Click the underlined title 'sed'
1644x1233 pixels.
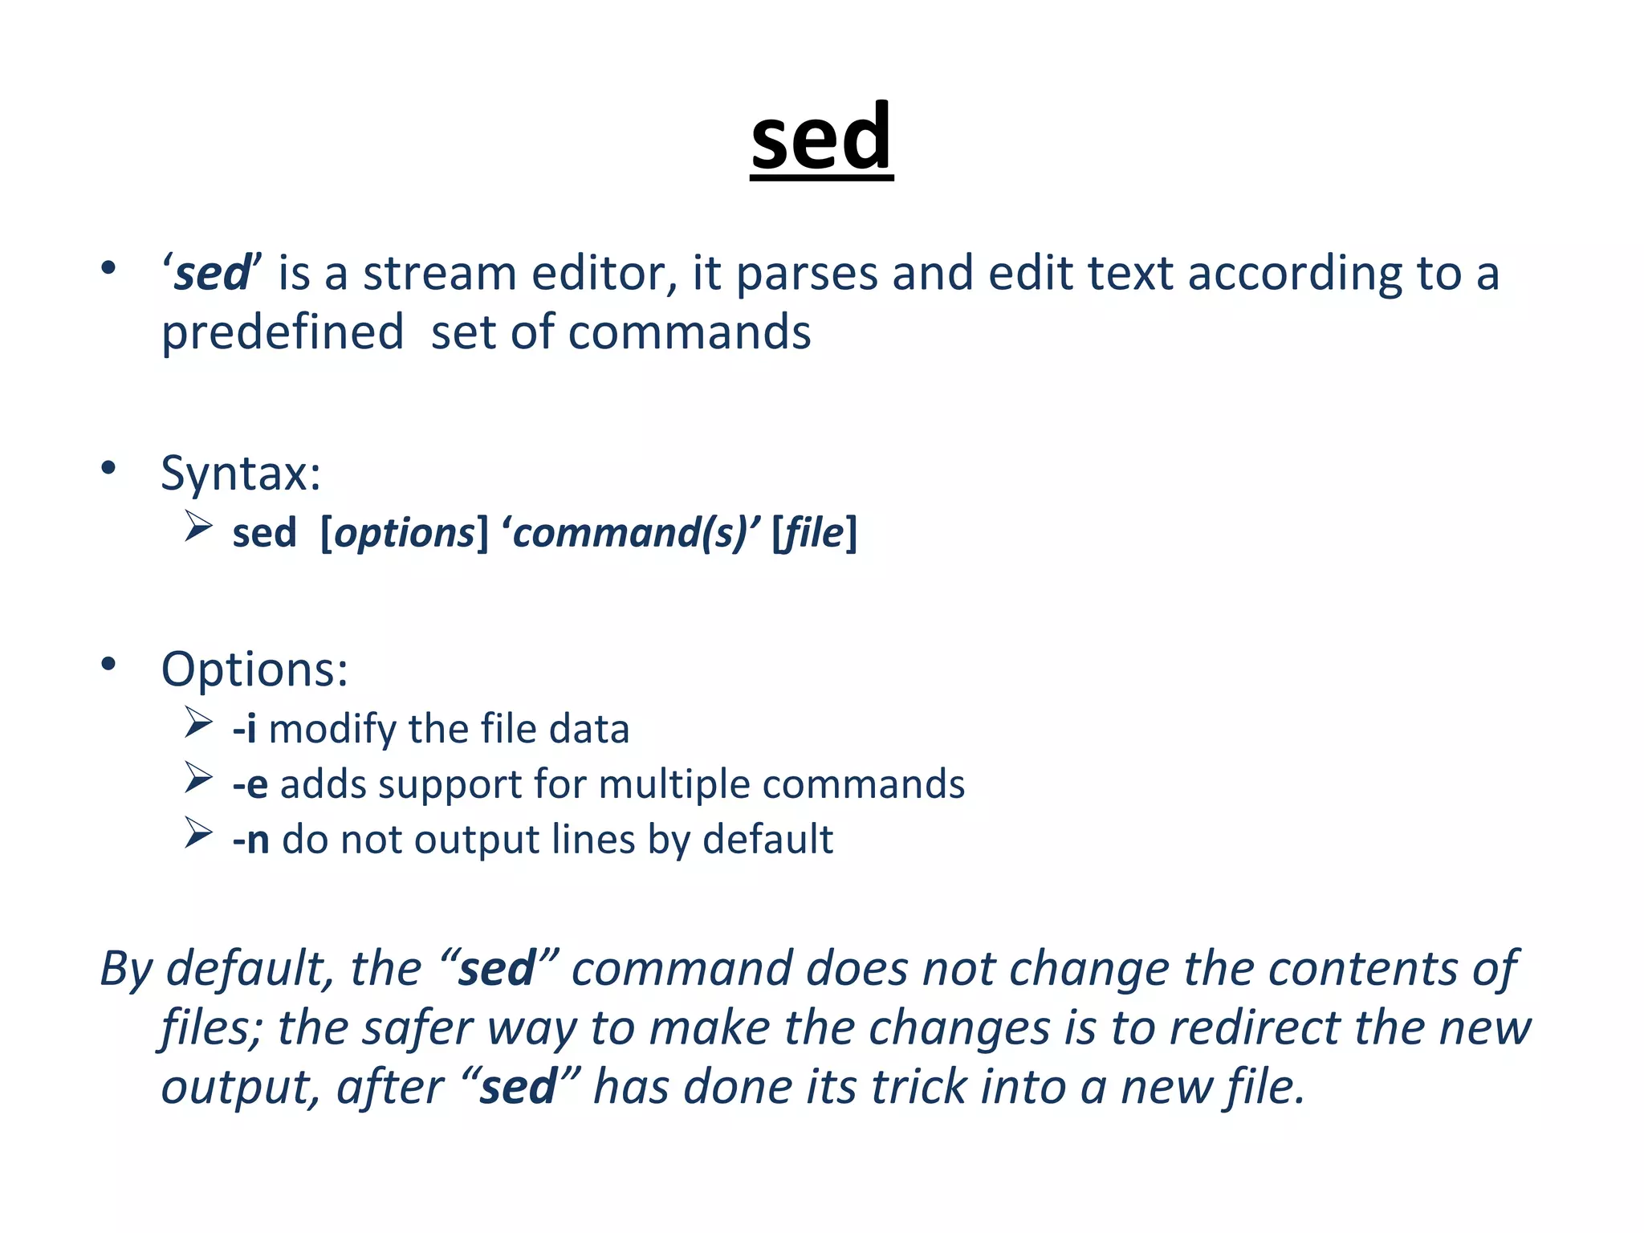tap(821, 138)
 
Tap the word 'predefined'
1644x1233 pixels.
tap(283, 333)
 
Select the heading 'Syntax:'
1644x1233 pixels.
tap(241, 473)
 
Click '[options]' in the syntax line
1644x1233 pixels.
tap(404, 533)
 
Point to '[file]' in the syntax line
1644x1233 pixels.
tap(814, 533)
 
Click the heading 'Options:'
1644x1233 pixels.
tap(254, 669)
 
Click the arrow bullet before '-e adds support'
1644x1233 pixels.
tap(197, 778)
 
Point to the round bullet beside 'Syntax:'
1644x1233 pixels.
tap(108, 468)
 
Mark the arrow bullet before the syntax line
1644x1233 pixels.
tap(197, 527)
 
